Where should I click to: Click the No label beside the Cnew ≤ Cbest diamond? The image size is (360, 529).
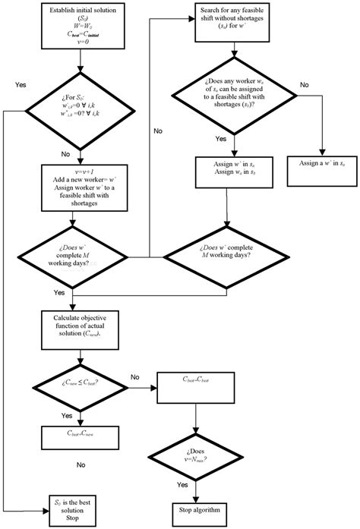coord(135,376)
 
